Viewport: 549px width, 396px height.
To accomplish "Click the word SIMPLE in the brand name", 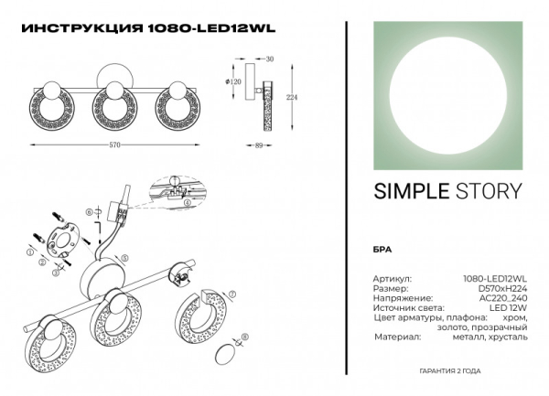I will [407, 191].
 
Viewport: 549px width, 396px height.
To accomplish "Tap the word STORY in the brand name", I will [489, 191].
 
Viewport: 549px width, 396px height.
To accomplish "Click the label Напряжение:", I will [399, 297].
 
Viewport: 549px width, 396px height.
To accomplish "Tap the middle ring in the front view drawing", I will [115, 97].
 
